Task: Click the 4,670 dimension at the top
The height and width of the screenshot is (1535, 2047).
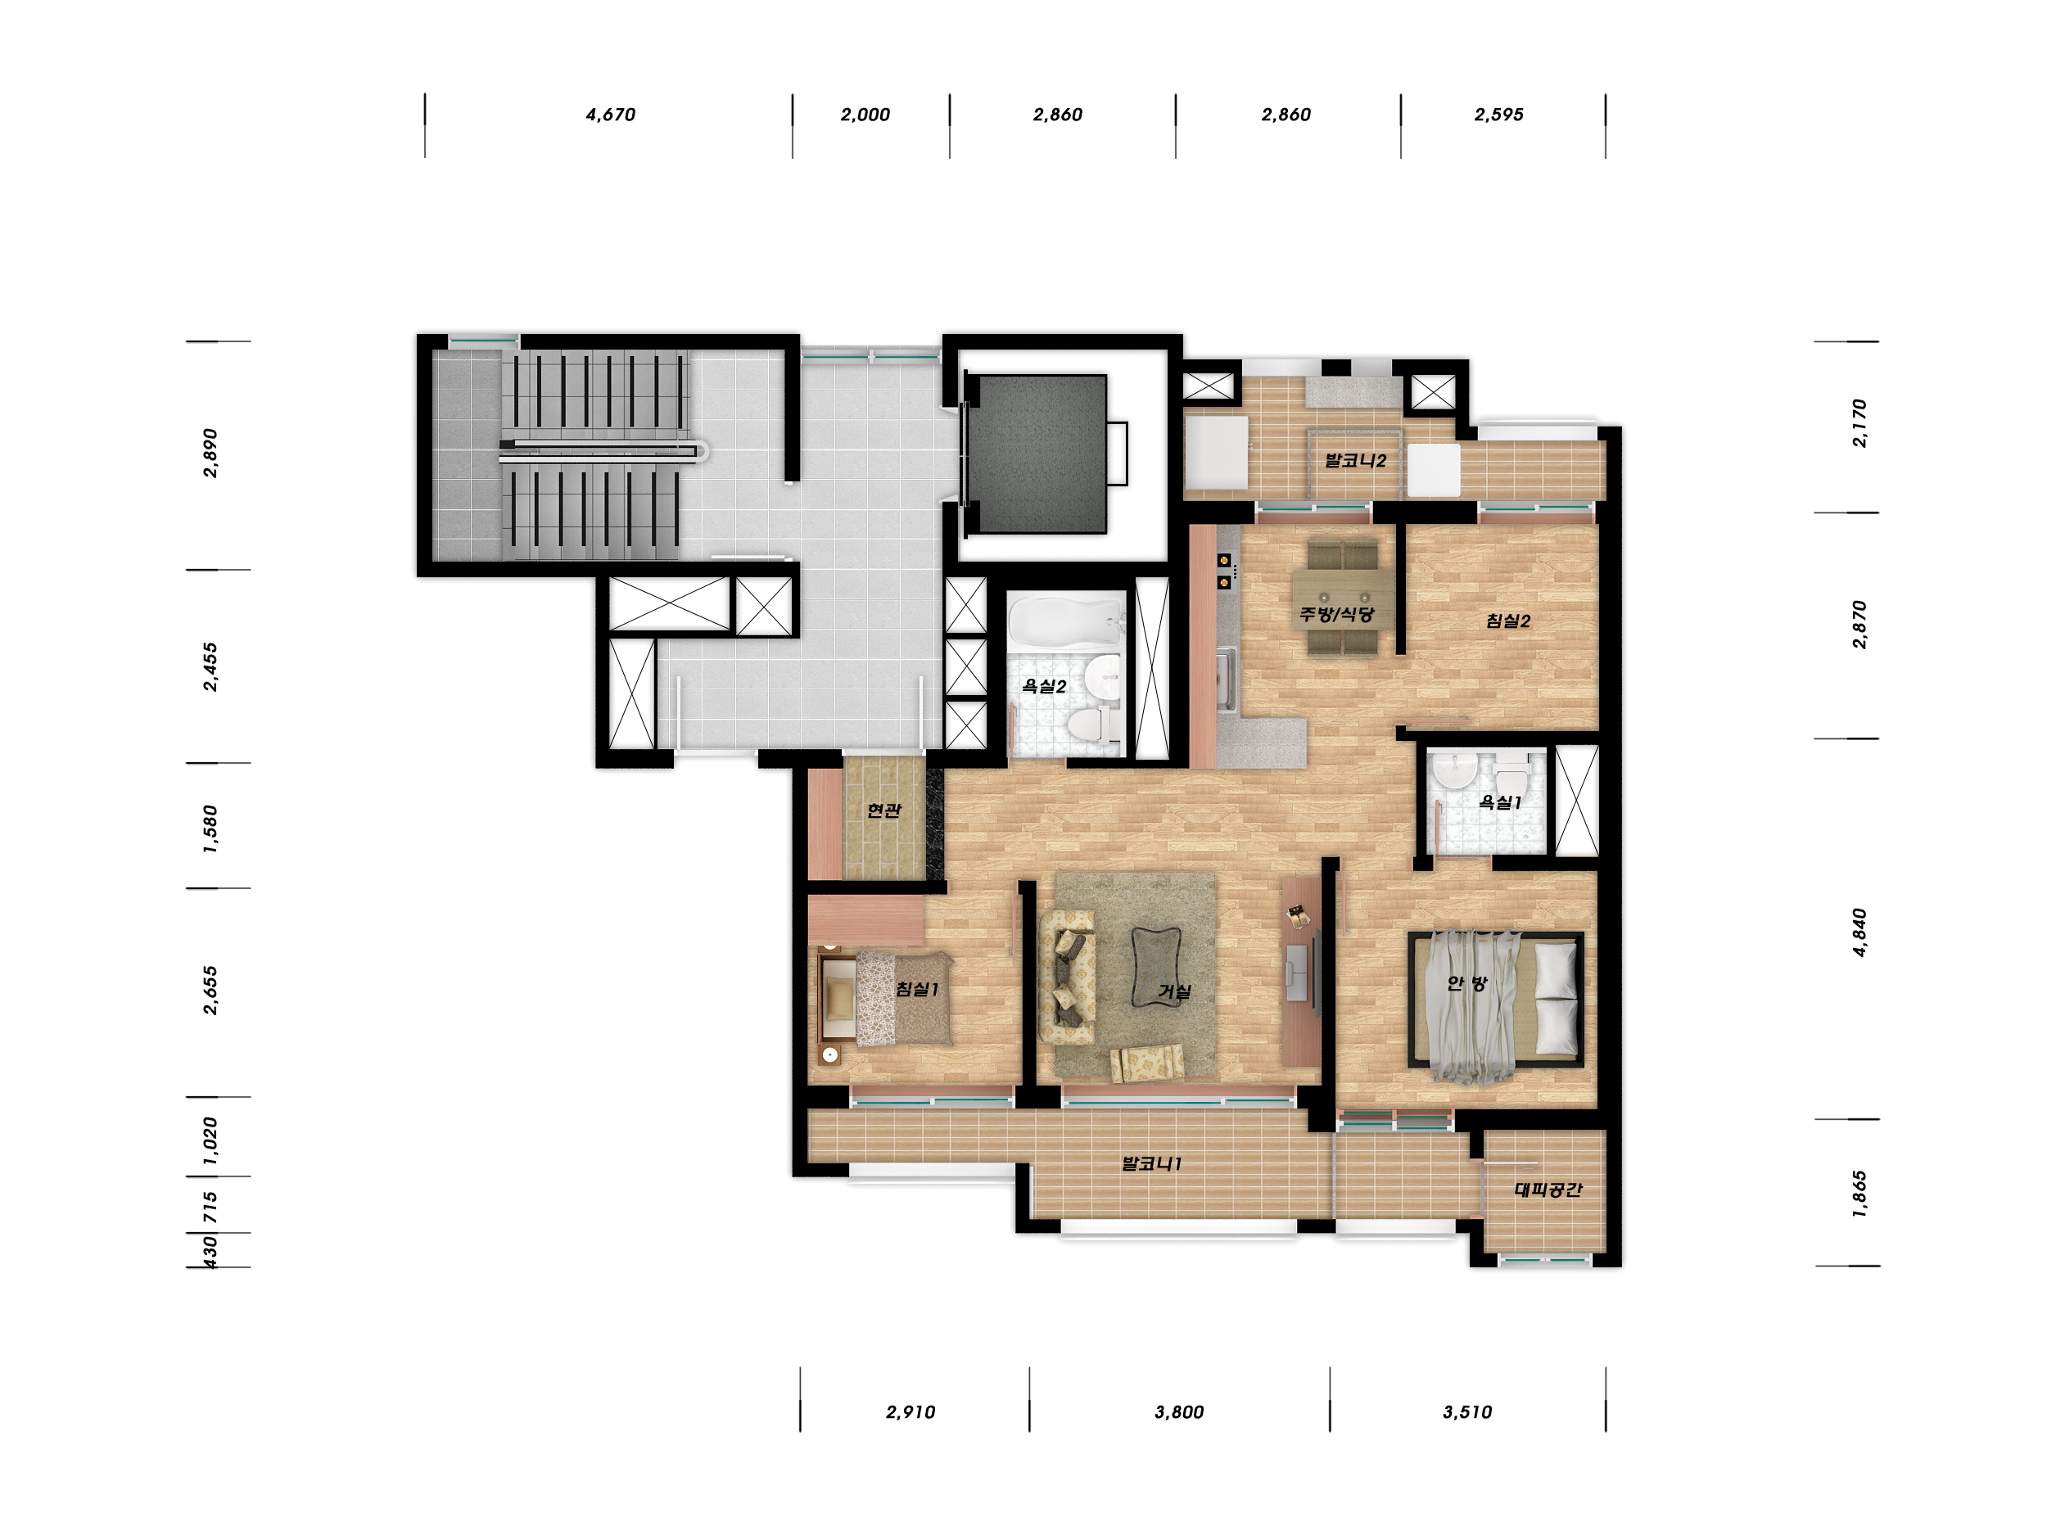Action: click(x=610, y=115)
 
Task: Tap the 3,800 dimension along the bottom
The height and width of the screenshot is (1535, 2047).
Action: click(x=1179, y=1412)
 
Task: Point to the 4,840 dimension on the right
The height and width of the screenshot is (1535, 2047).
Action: click(x=1859, y=932)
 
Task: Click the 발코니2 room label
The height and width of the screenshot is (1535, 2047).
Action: click(x=1355, y=460)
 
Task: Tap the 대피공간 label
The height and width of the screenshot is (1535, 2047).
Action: click(x=1548, y=1189)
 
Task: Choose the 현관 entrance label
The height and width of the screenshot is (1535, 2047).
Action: click(x=883, y=810)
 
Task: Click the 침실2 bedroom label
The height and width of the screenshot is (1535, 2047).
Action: click(x=1507, y=621)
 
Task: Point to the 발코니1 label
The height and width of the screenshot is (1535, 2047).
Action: click(x=1151, y=1163)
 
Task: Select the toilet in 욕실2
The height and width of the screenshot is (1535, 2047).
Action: click(x=1092, y=723)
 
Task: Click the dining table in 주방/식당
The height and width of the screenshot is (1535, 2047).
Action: click(x=1341, y=598)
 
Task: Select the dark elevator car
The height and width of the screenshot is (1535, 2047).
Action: click(x=1036, y=454)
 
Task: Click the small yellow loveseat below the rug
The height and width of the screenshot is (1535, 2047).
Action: click(x=1146, y=1063)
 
